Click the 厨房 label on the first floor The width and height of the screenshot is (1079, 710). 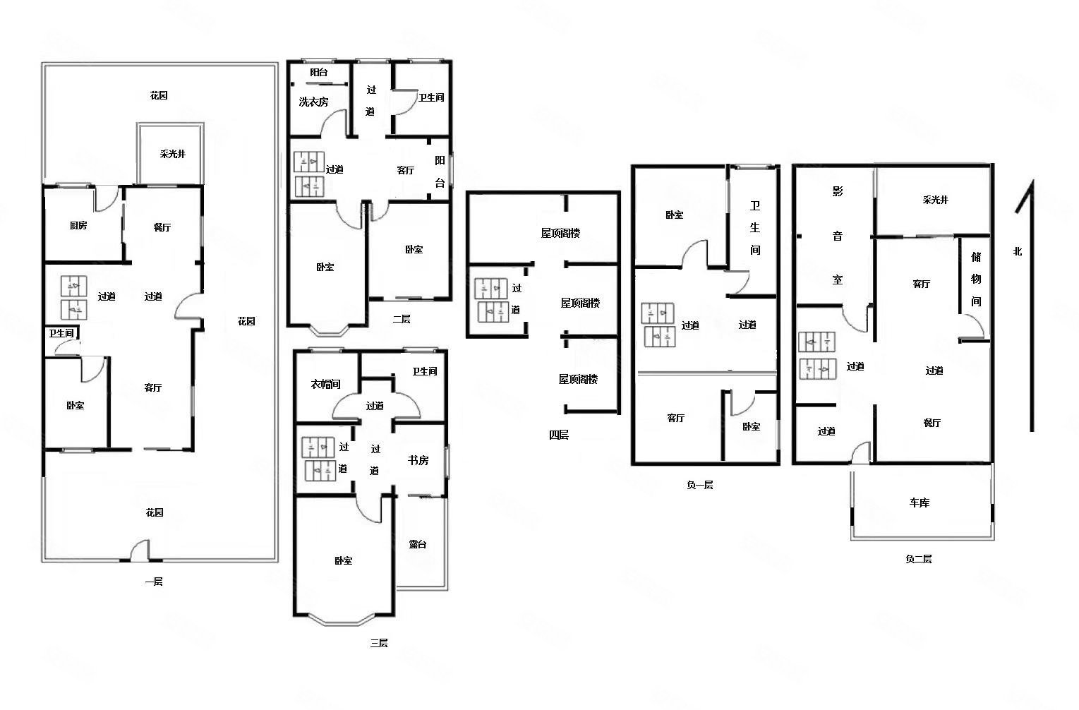tap(78, 226)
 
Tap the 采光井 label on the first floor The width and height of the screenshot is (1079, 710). tap(172, 154)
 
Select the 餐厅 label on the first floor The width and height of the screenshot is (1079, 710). tap(162, 227)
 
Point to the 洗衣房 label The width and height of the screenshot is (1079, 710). tap(313, 102)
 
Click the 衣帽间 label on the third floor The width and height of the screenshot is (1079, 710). tap(325, 384)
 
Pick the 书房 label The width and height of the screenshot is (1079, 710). tap(418, 460)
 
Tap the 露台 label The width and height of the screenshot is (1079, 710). tap(418, 544)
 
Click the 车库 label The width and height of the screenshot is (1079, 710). tap(919, 503)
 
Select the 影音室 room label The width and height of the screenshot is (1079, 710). tap(837, 236)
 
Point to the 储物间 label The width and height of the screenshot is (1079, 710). tap(975, 279)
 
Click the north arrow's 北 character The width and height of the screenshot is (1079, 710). tap(1017, 251)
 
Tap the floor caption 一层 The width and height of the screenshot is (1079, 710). tap(154, 582)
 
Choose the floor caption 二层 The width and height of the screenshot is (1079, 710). tap(401, 319)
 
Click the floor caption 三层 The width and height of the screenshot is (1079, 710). tap(378, 643)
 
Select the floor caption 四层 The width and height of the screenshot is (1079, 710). tap(558, 435)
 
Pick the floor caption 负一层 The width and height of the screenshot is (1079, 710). tap(699, 485)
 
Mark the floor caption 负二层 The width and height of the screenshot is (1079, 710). tap(918, 559)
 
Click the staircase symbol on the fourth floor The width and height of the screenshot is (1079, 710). tap(491, 300)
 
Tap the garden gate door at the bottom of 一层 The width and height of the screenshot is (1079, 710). tap(140, 551)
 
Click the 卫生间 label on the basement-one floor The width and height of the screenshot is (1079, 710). tap(755, 228)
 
